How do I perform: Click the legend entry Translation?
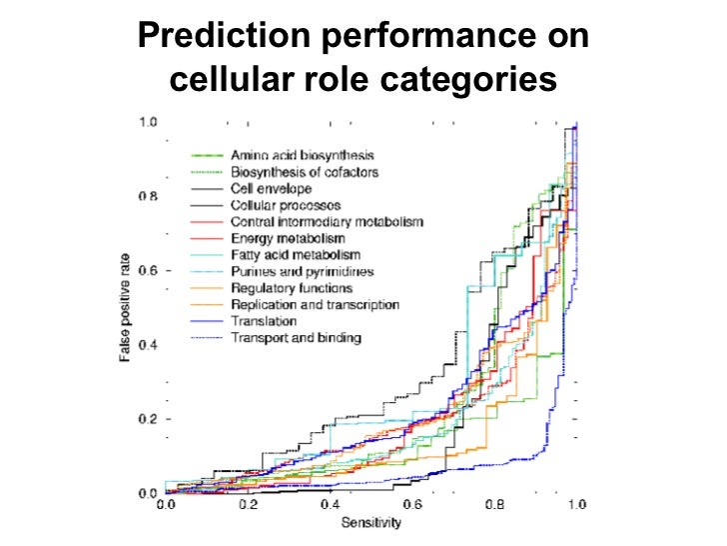(x=264, y=321)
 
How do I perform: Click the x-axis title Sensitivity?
(x=371, y=523)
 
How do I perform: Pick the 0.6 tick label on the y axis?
(x=148, y=271)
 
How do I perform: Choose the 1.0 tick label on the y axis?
(x=148, y=122)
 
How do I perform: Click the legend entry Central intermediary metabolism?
(x=327, y=221)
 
